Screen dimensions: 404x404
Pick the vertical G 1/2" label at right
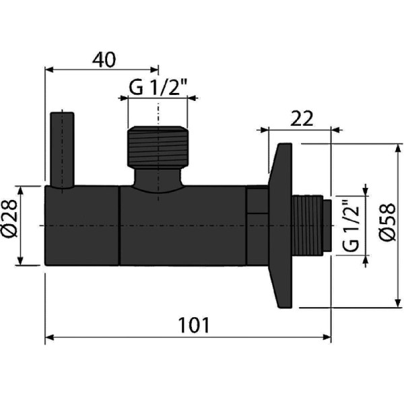(x=349, y=226)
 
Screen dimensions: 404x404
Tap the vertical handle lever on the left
(x=60, y=151)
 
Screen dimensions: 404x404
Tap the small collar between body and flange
(x=257, y=202)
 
